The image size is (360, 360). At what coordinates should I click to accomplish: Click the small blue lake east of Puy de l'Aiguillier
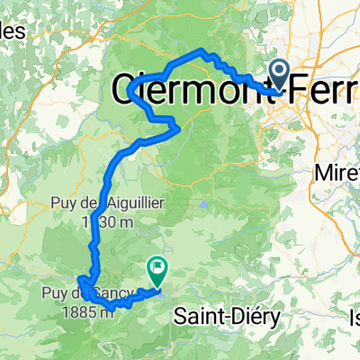(x=206, y=204)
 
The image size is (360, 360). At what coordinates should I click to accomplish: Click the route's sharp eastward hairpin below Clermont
(x=179, y=128)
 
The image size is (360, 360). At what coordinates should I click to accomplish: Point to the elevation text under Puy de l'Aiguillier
(x=98, y=221)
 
